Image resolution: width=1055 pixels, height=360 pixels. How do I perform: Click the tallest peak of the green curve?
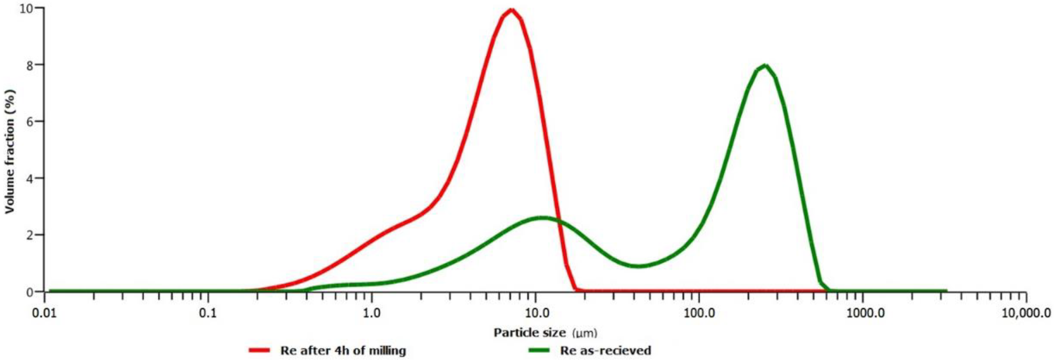tap(764, 66)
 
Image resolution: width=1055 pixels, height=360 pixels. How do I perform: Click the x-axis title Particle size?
tap(529, 333)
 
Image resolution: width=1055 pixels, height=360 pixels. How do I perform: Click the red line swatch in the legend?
tap(259, 351)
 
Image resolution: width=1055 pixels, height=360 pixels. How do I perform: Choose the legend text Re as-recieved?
tap(605, 351)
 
